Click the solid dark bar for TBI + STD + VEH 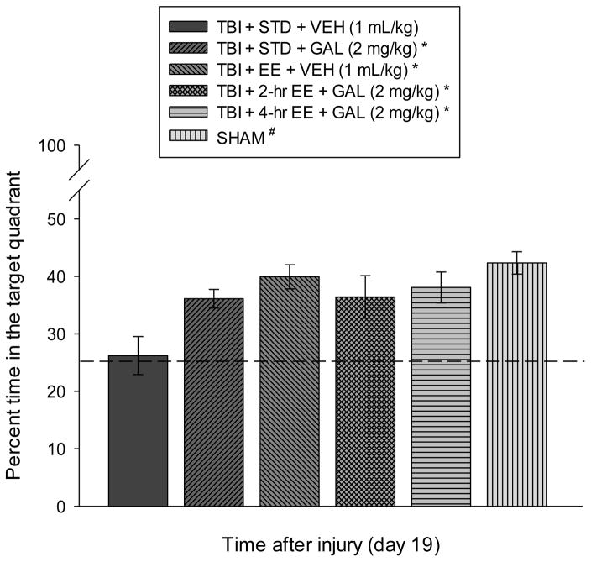(x=139, y=433)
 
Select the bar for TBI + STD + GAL (x=214, y=403)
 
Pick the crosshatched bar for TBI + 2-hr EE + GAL (x=365, y=402)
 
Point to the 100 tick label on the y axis (x=53, y=146)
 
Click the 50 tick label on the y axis (x=57, y=218)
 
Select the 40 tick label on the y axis (x=57, y=276)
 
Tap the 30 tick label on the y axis (x=57, y=334)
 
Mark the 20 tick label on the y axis (x=57, y=391)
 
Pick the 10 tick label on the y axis (x=57, y=449)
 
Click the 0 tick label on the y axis (x=61, y=507)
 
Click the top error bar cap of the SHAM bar (x=517, y=252)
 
